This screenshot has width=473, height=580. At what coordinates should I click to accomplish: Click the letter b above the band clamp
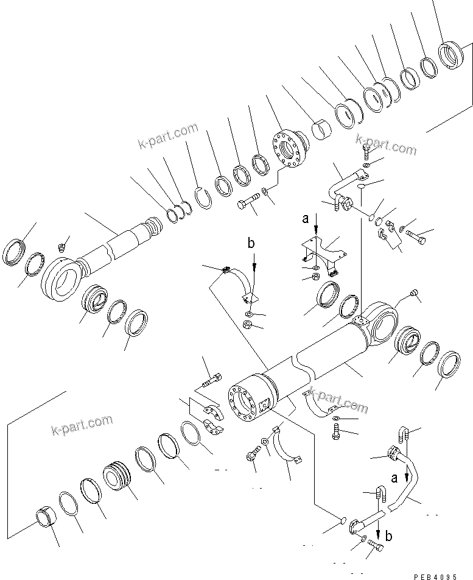(x=251, y=244)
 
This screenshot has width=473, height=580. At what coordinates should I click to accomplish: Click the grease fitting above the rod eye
(x=61, y=247)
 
